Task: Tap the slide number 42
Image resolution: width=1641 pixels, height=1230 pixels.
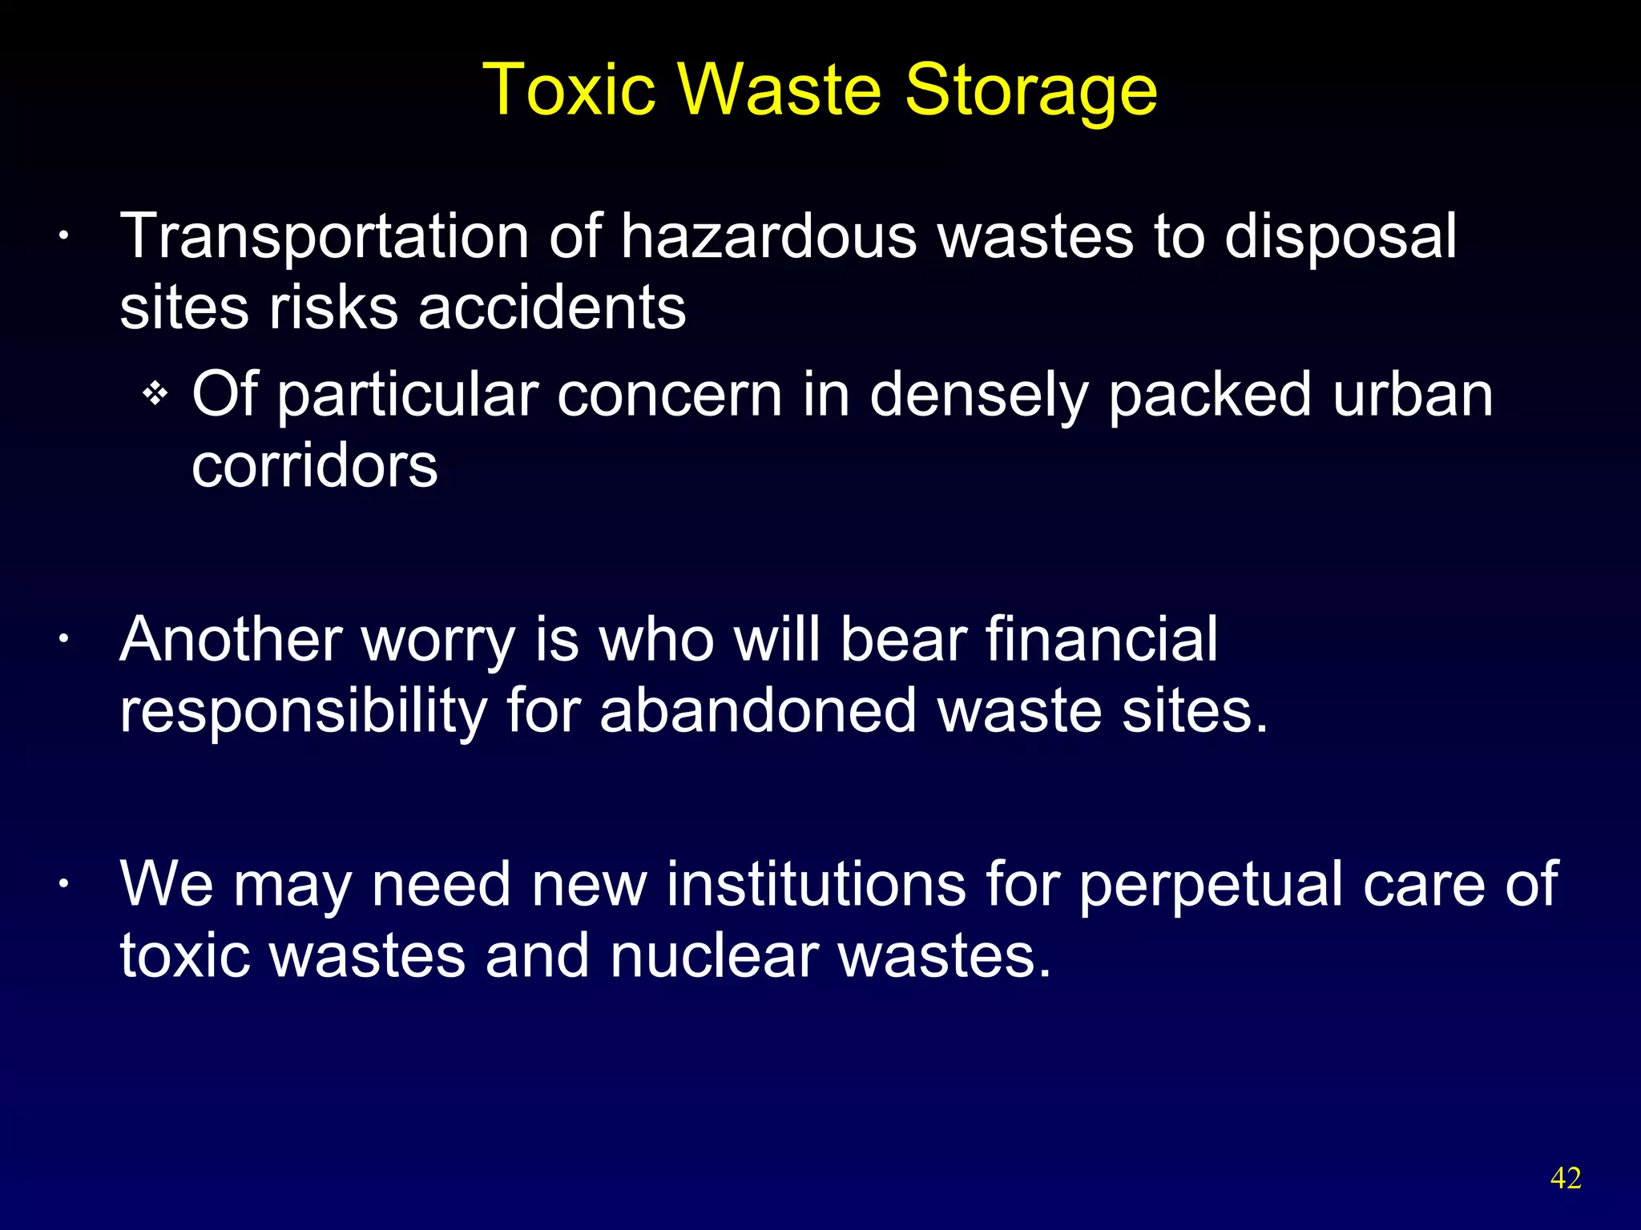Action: pyautogui.click(x=1566, y=1178)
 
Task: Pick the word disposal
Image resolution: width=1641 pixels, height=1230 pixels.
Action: pyautogui.click(x=1340, y=239)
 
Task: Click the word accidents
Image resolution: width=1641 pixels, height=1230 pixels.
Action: pyautogui.click(x=552, y=307)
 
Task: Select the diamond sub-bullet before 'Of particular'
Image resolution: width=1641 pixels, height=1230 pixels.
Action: pyautogui.click(x=155, y=394)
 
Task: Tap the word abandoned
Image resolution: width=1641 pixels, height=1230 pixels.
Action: pyautogui.click(x=757, y=710)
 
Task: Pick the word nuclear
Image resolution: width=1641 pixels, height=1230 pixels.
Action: pyautogui.click(x=714, y=955)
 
